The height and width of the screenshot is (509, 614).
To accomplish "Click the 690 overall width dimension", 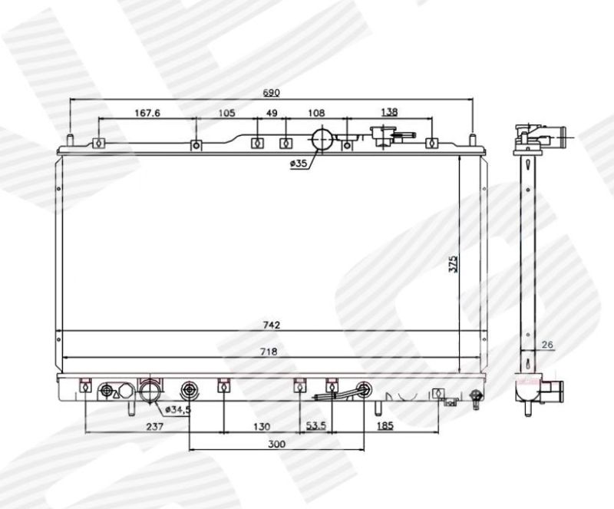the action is (x=271, y=93).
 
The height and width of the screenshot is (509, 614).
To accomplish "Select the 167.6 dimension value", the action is (x=147, y=114).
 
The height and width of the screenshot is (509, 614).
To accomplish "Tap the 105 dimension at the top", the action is (x=226, y=114).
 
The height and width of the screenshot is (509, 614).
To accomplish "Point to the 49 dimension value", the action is (x=272, y=114).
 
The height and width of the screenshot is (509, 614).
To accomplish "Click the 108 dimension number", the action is (x=316, y=114).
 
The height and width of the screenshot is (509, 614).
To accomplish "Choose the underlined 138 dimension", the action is (x=389, y=112).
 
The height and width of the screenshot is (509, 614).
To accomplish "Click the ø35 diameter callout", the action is (x=299, y=164).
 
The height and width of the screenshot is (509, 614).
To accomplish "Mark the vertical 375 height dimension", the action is (x=453, y=264).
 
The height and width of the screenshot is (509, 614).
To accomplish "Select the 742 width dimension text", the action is (x=272, y=326).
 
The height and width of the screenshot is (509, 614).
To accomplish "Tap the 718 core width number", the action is (x=269, y=352).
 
